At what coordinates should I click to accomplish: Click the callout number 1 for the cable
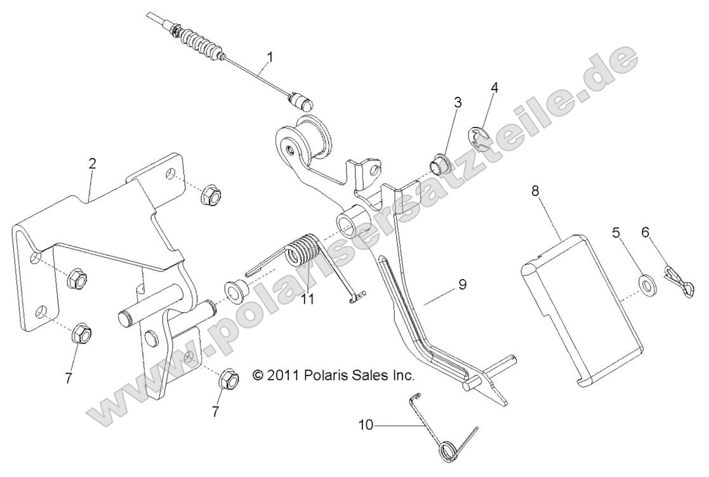pos(270,57)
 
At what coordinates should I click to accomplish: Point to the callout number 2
pos(93,164)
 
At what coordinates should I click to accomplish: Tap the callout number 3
pos(458,103)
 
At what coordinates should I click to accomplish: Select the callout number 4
pos(494,88)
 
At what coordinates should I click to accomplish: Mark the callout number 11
pos(308,298)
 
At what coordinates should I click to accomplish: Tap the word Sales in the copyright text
pos(369,375)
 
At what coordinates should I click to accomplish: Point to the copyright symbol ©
pos(258,375)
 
